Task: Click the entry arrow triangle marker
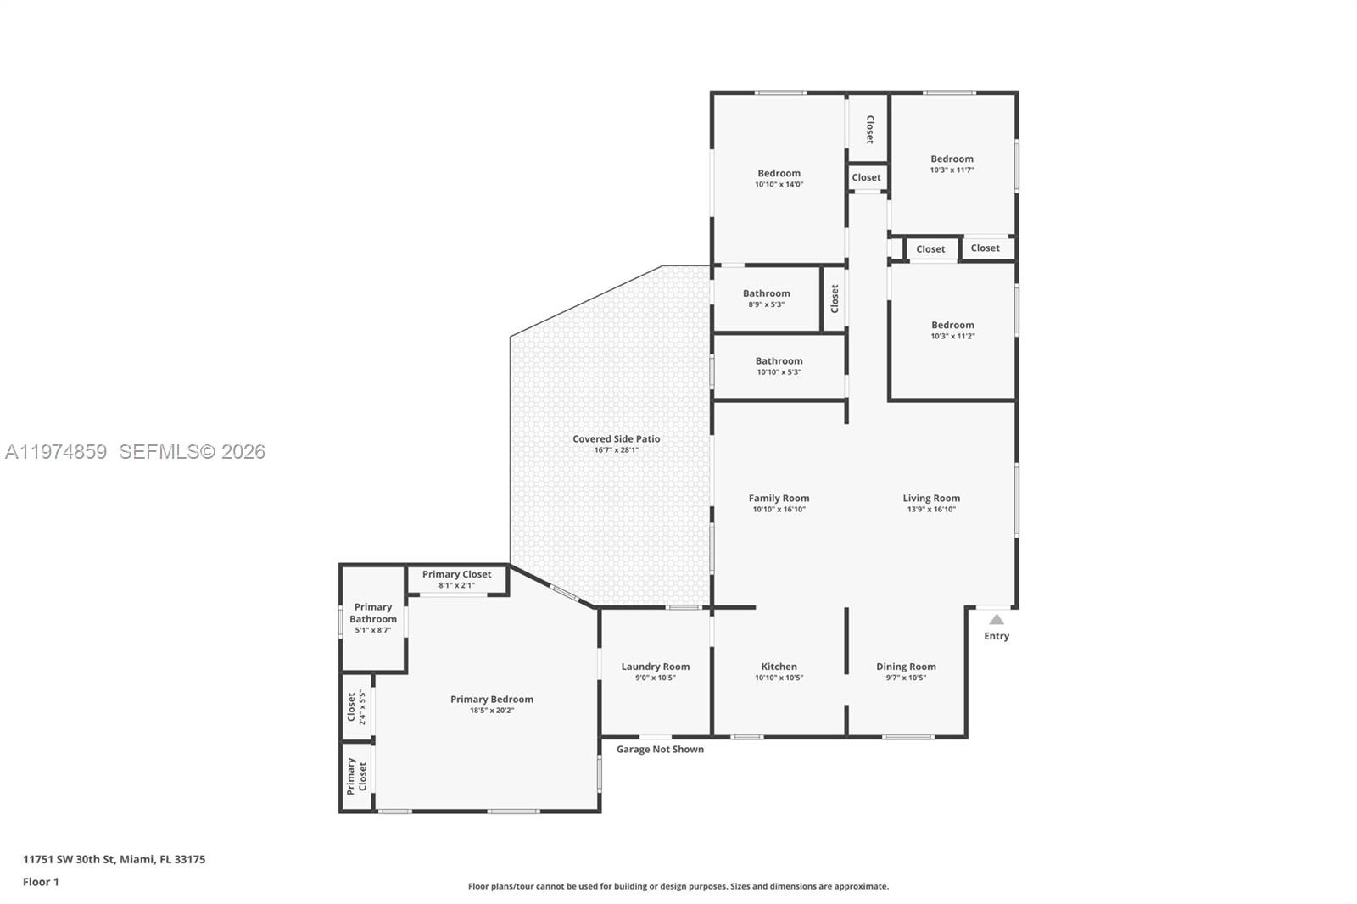tap(997, 619)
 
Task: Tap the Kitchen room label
tap(779, 667)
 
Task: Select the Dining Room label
tap(907, 667)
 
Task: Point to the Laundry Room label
tap(656, 667)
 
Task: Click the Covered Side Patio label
tap(617, 438)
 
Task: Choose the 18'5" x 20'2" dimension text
tap(492, 710)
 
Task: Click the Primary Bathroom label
tap(373, 612)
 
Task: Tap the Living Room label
tap(932, 498)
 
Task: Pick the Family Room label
tap(779, 498)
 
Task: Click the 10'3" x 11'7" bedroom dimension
tap(952, 170)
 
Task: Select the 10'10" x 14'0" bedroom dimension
tap(779, 184)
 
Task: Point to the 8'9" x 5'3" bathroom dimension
tap(767, 304)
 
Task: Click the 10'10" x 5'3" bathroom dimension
tap(779, 372)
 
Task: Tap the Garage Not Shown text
tap(661, 749)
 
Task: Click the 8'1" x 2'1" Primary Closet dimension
tap(457, 585)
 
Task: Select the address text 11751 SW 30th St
tap(69, 859)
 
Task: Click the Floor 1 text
tap(42, 882)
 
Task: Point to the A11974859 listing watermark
tap(56, 451)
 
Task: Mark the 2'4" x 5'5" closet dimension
tap(362, 707)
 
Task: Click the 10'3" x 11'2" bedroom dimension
tap(953, 336)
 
